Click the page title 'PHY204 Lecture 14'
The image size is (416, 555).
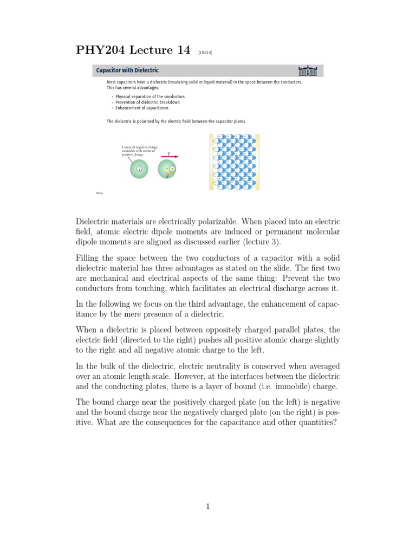(132, 51)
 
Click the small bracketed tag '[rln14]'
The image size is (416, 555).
(205, 53)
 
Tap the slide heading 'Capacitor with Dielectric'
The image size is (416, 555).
(127, 70)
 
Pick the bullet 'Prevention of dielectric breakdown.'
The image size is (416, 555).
(142, 102)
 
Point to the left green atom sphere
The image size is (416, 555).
(139, 169)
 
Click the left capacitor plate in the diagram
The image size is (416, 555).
(212, 162)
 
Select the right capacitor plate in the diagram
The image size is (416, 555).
(258, 162)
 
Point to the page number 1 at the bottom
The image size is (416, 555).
(207, 507)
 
